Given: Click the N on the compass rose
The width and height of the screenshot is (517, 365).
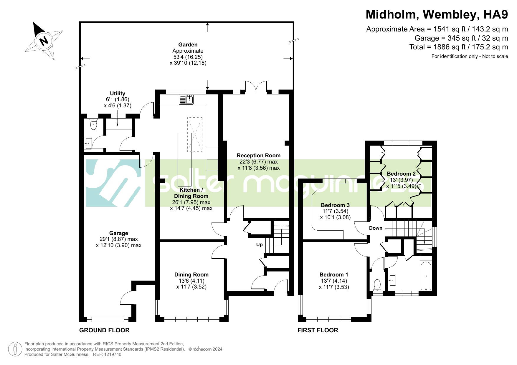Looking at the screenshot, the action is coord(44,41).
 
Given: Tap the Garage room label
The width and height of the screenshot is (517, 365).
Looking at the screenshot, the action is coord(119,233).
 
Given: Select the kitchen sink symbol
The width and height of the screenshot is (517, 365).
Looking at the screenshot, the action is coord(186,100).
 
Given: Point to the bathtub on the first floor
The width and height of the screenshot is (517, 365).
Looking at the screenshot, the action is coord(426,276).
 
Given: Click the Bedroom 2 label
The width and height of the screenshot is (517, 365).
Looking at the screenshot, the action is coord(401,174).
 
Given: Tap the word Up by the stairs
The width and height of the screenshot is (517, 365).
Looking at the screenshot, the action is coord(259,245).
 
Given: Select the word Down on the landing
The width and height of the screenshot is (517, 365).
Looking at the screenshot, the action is coord(376,228).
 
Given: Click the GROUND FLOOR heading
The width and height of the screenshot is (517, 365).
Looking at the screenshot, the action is coord(104,330).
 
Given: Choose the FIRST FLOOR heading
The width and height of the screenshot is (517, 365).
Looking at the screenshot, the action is coord(318,330).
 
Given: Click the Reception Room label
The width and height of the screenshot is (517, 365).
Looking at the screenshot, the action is coord(259,156).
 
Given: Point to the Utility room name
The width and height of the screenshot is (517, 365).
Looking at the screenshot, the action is coord(118,94).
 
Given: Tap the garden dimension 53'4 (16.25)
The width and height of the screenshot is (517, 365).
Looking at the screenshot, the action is coord(188,57).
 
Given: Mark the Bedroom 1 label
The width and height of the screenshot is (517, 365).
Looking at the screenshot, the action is coord(334,275).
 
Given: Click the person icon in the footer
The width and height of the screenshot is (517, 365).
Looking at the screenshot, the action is coord(15,349).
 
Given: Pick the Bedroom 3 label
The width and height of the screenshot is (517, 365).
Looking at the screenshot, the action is coord(335,205).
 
